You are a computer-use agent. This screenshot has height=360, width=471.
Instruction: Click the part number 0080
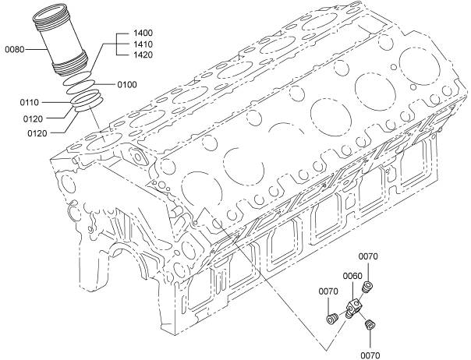pos(16,50)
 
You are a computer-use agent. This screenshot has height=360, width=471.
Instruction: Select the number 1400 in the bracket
pos(142,33)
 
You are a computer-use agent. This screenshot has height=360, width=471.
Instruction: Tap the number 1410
pos(142,44)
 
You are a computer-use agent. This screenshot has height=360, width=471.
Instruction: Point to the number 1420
pos(142,56)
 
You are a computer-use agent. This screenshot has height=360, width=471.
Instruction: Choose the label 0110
pos(30,102)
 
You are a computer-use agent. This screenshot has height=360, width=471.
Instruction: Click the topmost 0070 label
pos(368,256)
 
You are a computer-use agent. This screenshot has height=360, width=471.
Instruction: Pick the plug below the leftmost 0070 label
pos(331,316)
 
